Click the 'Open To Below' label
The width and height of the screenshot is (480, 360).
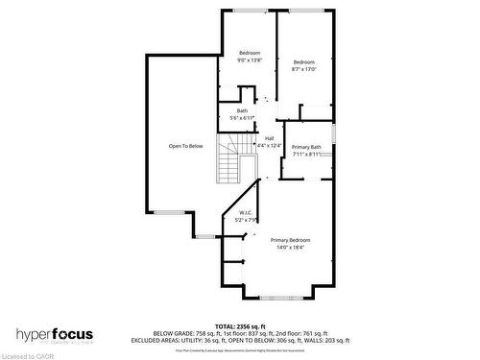tap(186, 146)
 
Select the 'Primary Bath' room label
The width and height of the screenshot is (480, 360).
tap(306, 147)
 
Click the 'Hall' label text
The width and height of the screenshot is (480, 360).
tap(271, 138)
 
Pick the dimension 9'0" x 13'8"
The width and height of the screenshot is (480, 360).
tap(250, 60)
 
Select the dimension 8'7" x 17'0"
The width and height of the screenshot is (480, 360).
tap(304, 69)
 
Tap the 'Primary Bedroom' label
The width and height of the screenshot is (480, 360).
tap(290, 240)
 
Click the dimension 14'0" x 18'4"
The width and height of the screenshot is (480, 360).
tap(290, 248)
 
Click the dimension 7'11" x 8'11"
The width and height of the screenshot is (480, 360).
tap(307, 154)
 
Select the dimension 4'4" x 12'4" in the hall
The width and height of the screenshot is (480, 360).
tap(271, 145)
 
